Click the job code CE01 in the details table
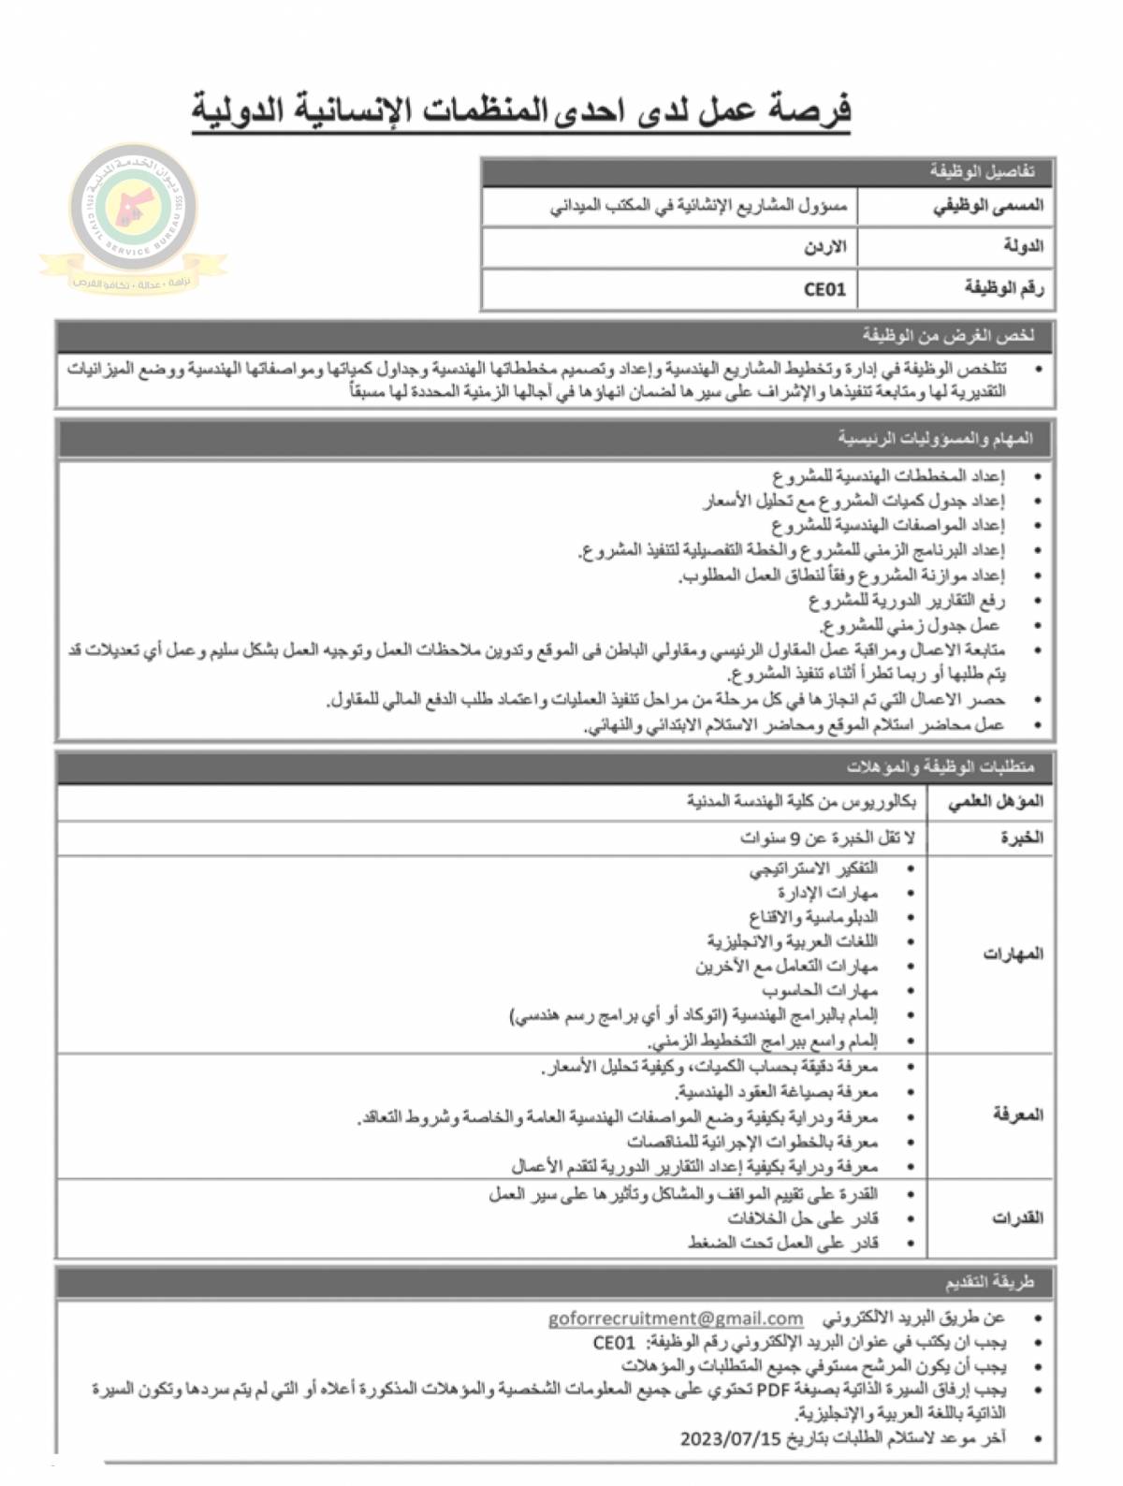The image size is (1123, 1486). pyautogui.click(x=824, y=289)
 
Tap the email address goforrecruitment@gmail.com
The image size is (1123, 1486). pyautogui.click(x=675, y=1318)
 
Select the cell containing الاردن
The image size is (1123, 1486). pyautogui.click(x=824, y=247)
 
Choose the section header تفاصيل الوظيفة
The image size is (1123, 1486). pyautogui.click(x=982, y=171)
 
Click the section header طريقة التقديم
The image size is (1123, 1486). pyautogui.click(x=988, y=1281)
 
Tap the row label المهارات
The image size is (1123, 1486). pyautogui.click(x=1013, y=954)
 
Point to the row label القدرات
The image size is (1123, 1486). pyautogui.click(x=1017, y=1217)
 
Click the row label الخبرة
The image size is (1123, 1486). pyautogui.click(x=1021, y=838)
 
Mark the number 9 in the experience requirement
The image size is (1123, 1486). pyautogui.click(x=796, y=838)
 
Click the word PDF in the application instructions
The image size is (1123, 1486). pyautogui.click(x=772, y=1390)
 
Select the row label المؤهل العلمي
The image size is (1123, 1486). pyautogui.click(x=995, y=802)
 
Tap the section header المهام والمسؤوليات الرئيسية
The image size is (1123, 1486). pyautogui.click(x=935, y=438)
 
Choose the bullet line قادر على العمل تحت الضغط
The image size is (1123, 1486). pyautogui.click(x=782, y=1243)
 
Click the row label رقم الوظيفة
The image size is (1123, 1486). pyautogui.click(x=1003, y=289)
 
